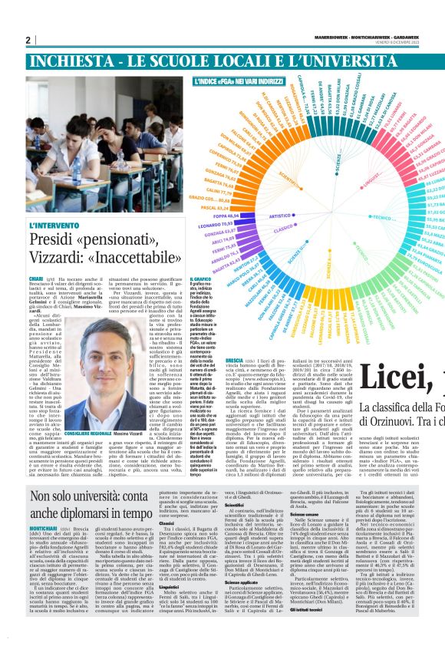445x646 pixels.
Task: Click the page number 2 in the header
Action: point(28,40)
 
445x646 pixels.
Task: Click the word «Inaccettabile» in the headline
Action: point(130,259)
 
